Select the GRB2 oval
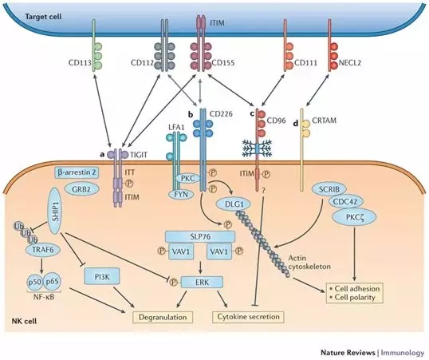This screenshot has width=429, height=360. pos(81,189)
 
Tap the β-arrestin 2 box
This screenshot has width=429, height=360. pos(77,172)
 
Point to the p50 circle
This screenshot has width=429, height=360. pos(34,281)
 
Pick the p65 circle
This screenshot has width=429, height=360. pos(52,281)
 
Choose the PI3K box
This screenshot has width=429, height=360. pos(102,277)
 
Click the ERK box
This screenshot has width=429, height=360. pos(202,282)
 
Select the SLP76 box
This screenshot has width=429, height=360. pos(200,236)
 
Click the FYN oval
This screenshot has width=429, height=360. pos(181,194)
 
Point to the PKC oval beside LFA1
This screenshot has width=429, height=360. pos(188,179)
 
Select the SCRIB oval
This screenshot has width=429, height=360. pos(329,189)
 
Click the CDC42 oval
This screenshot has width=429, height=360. pos(344,202)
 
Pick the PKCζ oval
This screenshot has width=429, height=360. pos(354,217)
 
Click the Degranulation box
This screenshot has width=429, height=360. pos(163,317)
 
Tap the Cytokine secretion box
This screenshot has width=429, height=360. pos(248,317)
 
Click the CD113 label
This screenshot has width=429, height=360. pos(80,63)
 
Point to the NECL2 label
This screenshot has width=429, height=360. pos(350,63)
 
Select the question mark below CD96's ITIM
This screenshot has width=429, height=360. pos(263,191)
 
